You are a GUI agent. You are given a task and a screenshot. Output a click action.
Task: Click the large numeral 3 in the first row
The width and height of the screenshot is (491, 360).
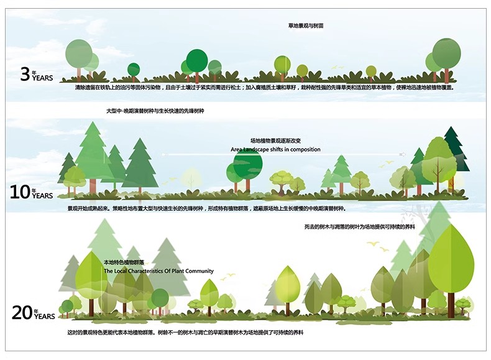tap(25, 75)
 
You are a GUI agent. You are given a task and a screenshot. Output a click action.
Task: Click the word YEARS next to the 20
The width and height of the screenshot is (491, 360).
tap(45, 316)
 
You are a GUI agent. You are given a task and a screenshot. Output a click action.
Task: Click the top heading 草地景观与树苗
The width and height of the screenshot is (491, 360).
tap(306, 26)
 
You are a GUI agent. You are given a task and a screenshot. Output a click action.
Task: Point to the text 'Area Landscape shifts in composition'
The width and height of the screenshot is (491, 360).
tap(275, 150)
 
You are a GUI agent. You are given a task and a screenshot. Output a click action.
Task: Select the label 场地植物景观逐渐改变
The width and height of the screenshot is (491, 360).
tap(275, 141)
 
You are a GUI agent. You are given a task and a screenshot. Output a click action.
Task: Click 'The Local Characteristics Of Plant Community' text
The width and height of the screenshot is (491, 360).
tap(158, 271)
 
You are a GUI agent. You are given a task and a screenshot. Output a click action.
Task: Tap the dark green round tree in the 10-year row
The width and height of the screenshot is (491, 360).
tap(248, 164)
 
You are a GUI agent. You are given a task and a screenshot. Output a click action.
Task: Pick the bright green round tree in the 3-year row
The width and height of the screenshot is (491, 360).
tap(197, 60)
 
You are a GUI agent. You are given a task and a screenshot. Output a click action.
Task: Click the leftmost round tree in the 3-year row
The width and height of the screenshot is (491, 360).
tap(79, 53)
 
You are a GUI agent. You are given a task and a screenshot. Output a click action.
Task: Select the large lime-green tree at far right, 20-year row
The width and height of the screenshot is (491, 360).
tap(451, 255)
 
